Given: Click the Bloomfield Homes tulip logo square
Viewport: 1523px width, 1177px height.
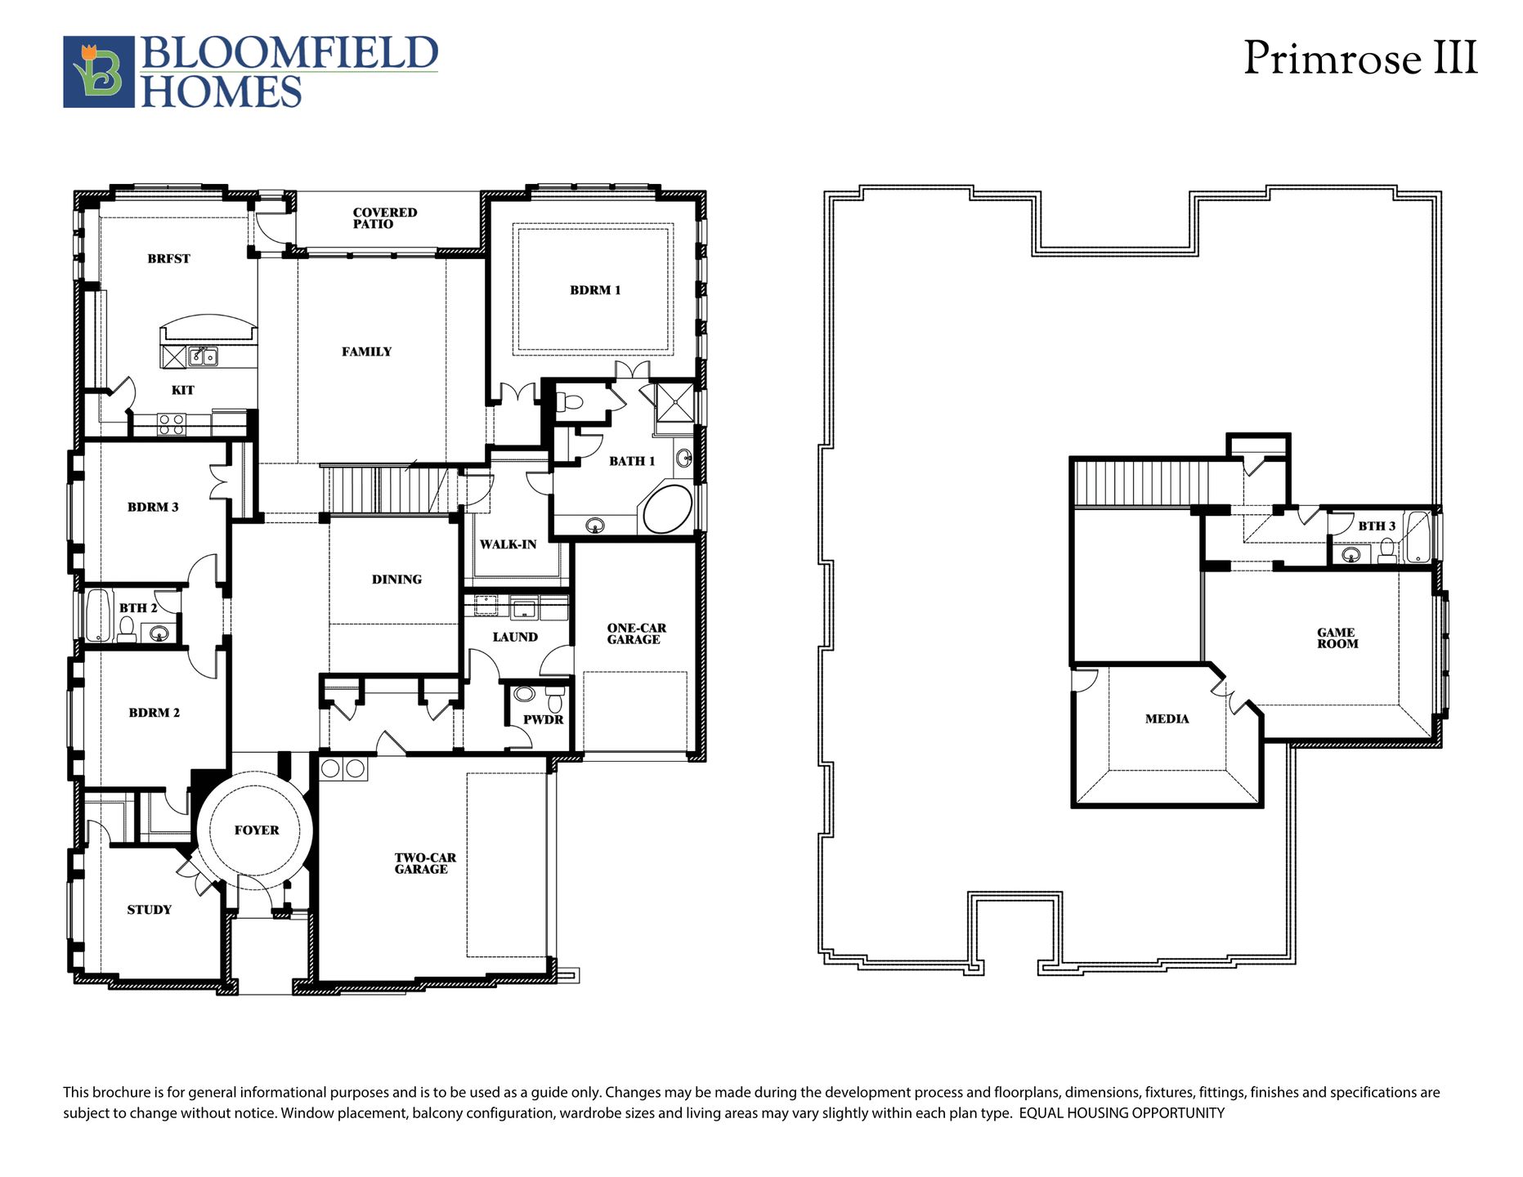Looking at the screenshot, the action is tap(99, 72).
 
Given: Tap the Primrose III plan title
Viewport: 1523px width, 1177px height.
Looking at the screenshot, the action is tap(1360, 59).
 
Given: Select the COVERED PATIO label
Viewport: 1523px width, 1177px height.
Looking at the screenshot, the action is tap(385, 218).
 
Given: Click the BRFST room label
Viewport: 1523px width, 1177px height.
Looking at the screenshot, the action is tap(168, 259).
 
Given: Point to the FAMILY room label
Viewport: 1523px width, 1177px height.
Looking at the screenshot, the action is tap(366, 352).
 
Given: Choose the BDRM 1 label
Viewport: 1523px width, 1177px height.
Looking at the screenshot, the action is tap(595, 290).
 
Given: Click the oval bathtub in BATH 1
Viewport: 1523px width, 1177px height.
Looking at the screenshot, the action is tap(668, 509).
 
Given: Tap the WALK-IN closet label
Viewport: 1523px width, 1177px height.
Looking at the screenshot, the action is tap(508, 544).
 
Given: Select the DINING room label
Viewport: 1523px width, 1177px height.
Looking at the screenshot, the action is tap(396, 580).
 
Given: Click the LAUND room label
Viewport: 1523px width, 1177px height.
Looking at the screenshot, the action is tap(515, 638).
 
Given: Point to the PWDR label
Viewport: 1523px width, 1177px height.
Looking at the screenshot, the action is tap(544, 720).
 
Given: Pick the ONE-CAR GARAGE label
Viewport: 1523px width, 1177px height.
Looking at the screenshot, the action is tap(636, 634).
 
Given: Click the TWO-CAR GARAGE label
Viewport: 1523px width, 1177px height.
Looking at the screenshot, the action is tap(425, 864).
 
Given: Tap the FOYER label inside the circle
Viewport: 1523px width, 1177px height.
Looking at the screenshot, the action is tap(257, 830).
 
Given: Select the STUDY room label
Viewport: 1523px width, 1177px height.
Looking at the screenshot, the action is tap(149, 910).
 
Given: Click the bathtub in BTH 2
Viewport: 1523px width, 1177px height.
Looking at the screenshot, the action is tap(98, 615).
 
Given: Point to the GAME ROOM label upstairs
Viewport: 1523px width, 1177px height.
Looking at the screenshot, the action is tap(1337, 638).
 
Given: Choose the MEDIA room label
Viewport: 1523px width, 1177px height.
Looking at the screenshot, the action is tap(1167, 719).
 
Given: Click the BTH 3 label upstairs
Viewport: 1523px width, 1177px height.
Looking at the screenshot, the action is tap(1377, 526).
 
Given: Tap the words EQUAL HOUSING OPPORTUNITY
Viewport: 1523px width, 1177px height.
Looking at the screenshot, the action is tap(1122, 1113).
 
